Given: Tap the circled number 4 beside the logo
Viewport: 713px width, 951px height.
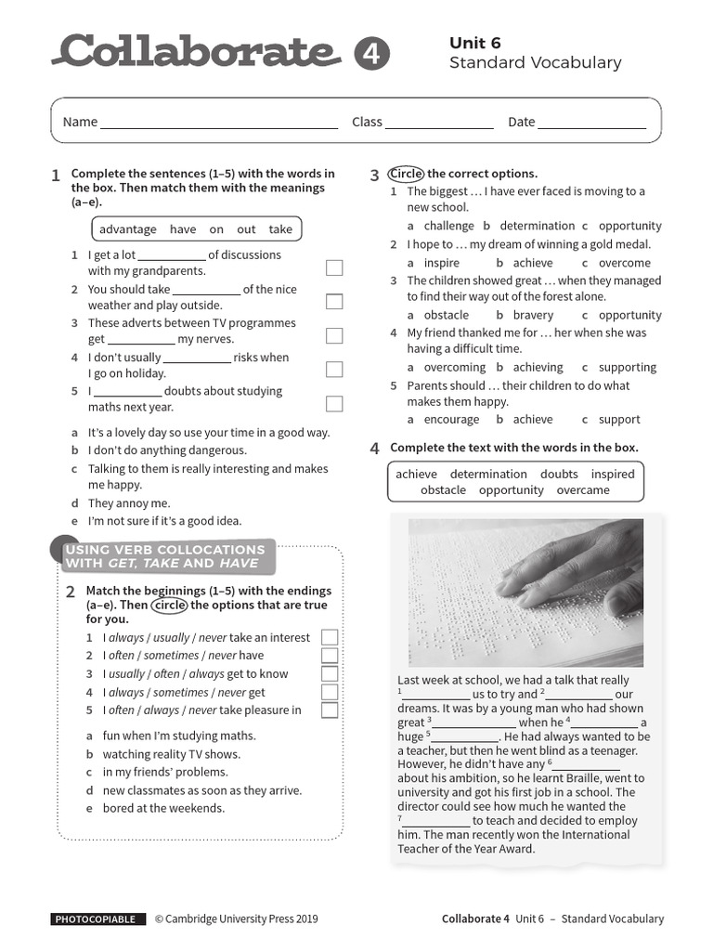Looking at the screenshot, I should (x=372, y=54).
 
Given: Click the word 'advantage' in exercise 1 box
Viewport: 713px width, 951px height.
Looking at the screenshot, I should (x=128, y=229).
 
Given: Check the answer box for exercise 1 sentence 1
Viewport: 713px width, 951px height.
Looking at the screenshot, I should (x=334, y=267).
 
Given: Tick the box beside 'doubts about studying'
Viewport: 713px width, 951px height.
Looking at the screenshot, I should (x=334, y=403).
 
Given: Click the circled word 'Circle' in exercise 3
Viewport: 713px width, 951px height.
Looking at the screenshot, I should (x=406, y=174).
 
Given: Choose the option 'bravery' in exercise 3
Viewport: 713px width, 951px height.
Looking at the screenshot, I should (x=532, y=315).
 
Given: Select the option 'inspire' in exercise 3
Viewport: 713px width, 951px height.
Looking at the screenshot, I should (x=441, y=263).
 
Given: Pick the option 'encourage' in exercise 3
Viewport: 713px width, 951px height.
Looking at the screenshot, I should (x=451, y=419).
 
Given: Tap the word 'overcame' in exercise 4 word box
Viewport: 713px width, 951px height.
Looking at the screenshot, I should (x=583, y=489).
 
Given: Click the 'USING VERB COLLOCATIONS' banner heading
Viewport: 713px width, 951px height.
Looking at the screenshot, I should (x=165, y=550).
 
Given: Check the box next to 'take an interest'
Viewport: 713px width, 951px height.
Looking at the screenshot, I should (x=330, y=637).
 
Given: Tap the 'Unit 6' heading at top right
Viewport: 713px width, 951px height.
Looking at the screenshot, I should (x=474, y=43).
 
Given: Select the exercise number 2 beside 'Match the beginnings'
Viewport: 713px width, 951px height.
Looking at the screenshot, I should (x=71, y=592).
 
